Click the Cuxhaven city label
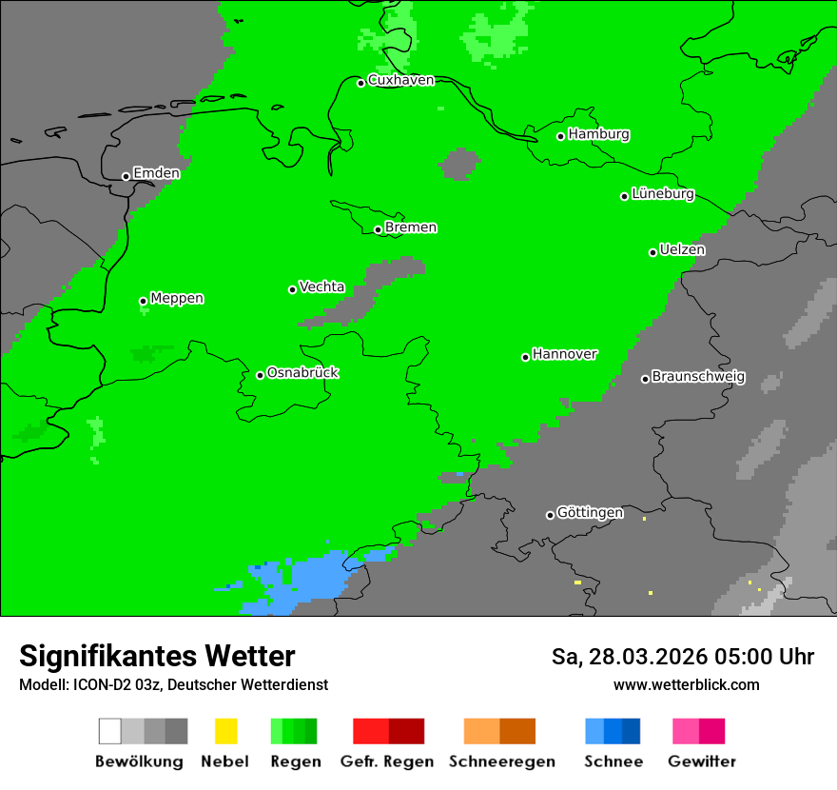coord(400,80)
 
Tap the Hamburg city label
coord(598,134)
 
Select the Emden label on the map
coord(156,173)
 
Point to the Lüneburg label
coord(663,194)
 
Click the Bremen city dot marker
coord(378,229)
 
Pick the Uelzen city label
coord(682,250)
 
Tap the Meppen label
coord(177,299)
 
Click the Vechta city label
coord(321,286)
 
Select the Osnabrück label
coord(302,373)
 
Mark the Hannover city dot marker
coord(525,357)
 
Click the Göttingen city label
coord(590,513)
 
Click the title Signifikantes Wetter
coord(157,656)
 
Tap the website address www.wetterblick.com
coord(686,684)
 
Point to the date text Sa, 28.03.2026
coord(633,657)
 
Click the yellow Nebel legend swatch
coord(225,731)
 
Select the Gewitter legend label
coord(702,761)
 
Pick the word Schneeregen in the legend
coord(500,761)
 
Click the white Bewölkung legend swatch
coord(110,731)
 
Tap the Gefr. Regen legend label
coord(387,761)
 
